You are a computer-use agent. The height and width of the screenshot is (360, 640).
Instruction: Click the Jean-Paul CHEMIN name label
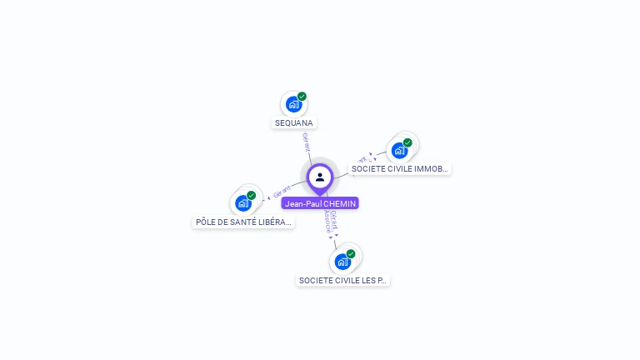click(x=320, y=203)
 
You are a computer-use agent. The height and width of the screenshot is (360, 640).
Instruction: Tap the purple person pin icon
click(x=320, y=177)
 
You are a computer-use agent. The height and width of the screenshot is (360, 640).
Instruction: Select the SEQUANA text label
click(x=293, y=123)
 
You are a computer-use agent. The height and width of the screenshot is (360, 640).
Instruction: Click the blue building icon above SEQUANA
click(x=292, y=104)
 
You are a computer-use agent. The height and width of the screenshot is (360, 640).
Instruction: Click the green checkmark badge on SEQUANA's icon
click(x=302, y=97)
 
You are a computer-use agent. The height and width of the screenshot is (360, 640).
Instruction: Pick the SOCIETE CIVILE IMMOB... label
click(x=400, y=169)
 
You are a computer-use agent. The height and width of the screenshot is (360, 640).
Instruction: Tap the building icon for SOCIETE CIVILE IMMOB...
click(x=399, y=151)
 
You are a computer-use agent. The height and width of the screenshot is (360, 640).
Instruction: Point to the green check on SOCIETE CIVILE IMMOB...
click(x=407, y=142)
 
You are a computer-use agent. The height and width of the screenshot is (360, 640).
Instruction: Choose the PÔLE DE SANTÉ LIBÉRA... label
click(x=243, y=222)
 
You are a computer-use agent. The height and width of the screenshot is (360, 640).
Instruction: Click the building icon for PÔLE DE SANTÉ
click(x=242, y=202)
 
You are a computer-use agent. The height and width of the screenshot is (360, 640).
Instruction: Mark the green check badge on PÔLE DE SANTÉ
click(x=251, y=195)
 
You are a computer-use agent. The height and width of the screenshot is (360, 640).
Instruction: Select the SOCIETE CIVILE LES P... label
click(x=342, y=281)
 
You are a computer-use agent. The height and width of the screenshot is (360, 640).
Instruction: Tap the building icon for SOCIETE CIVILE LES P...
click(x=342, y=262)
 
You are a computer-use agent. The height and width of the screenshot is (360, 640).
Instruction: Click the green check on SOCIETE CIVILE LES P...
click(x=351, y=253)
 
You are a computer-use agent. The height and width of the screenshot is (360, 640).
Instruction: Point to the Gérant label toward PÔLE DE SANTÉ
click(x=281, y=192)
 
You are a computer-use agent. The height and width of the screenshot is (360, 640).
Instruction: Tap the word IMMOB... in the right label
click(x=432, y=169)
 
